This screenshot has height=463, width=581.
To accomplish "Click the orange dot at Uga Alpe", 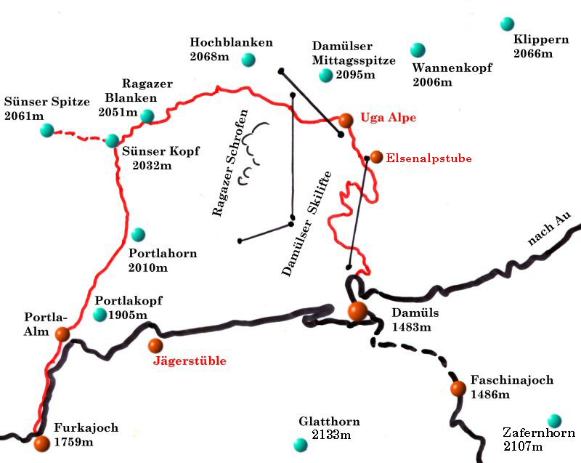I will click(x=346, y=119).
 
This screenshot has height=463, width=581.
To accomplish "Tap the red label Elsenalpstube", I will click(x=428, y=157).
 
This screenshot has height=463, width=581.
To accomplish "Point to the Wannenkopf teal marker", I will click(x=417, y=49).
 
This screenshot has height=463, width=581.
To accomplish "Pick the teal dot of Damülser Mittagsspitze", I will click(x=325, y=75).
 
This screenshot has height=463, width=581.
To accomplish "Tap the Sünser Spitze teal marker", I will click(x=47, y=130).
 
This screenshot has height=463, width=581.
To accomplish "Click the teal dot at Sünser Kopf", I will click(x=113, y=140).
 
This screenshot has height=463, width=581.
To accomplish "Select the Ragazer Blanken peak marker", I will click(x=147, y=116).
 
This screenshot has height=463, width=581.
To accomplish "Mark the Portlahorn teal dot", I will click(x=138, y=234).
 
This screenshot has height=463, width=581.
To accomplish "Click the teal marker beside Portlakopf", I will click(x=100, y=315).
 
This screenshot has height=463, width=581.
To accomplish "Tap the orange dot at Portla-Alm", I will click(x=62, y=334).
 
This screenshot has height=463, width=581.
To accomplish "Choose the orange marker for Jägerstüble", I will click(x=155, y=345).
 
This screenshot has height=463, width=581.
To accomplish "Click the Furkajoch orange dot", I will click(x=41, y=442).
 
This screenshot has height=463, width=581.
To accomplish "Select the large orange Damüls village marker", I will click(x=357, y=312).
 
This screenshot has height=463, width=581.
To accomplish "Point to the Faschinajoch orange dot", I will click(x=458, y=389).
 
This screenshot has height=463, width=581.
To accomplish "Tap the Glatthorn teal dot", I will click(x=299, y=444).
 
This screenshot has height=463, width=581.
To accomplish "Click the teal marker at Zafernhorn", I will click(x=555, y=420).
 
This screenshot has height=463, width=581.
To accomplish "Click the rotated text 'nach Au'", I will click(x=550, y=230).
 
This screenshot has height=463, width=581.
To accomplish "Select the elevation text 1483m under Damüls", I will click(x=412, y=328).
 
